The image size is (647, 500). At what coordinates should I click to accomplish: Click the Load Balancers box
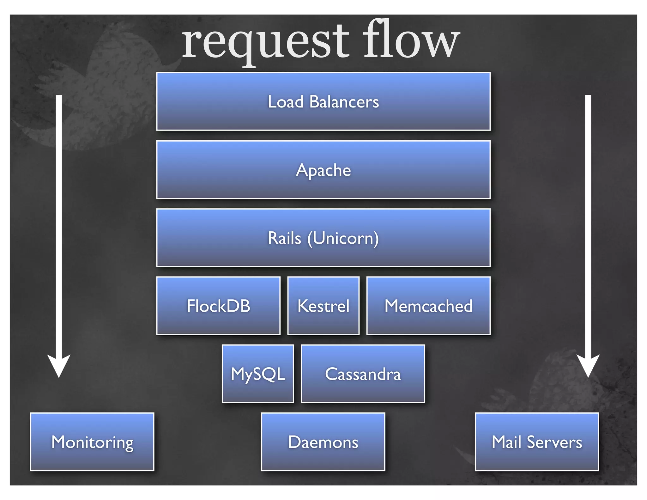tap(323, 101)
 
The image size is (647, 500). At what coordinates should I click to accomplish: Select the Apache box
tap(323, 170)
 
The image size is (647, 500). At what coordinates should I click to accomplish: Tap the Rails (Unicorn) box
tap(323, 238)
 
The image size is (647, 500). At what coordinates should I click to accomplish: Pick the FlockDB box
tap(218, 306)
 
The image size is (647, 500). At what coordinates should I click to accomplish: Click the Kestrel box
tap(323, 306)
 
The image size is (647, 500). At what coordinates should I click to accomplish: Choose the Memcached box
tap(428, 306)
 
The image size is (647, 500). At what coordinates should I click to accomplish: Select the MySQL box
tap(258, 374)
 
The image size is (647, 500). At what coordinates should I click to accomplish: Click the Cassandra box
tap(363, 374)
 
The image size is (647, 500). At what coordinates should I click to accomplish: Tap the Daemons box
tap(323, 442)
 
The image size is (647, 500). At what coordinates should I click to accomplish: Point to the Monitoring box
tap(92, 442)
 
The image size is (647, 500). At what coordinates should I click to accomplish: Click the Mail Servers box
tap(537, 442)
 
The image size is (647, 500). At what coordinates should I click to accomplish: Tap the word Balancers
tap(344, 102)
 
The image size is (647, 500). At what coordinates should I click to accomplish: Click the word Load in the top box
tap(286, 102)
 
